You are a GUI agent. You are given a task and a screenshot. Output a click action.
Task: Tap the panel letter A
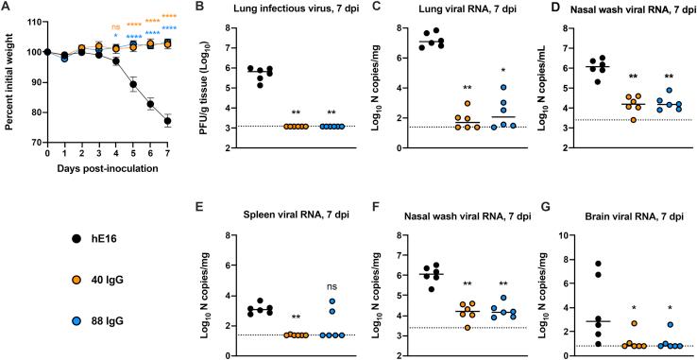(x=6, y=8)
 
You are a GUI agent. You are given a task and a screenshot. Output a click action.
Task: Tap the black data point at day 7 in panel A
(x=166, y=121)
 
